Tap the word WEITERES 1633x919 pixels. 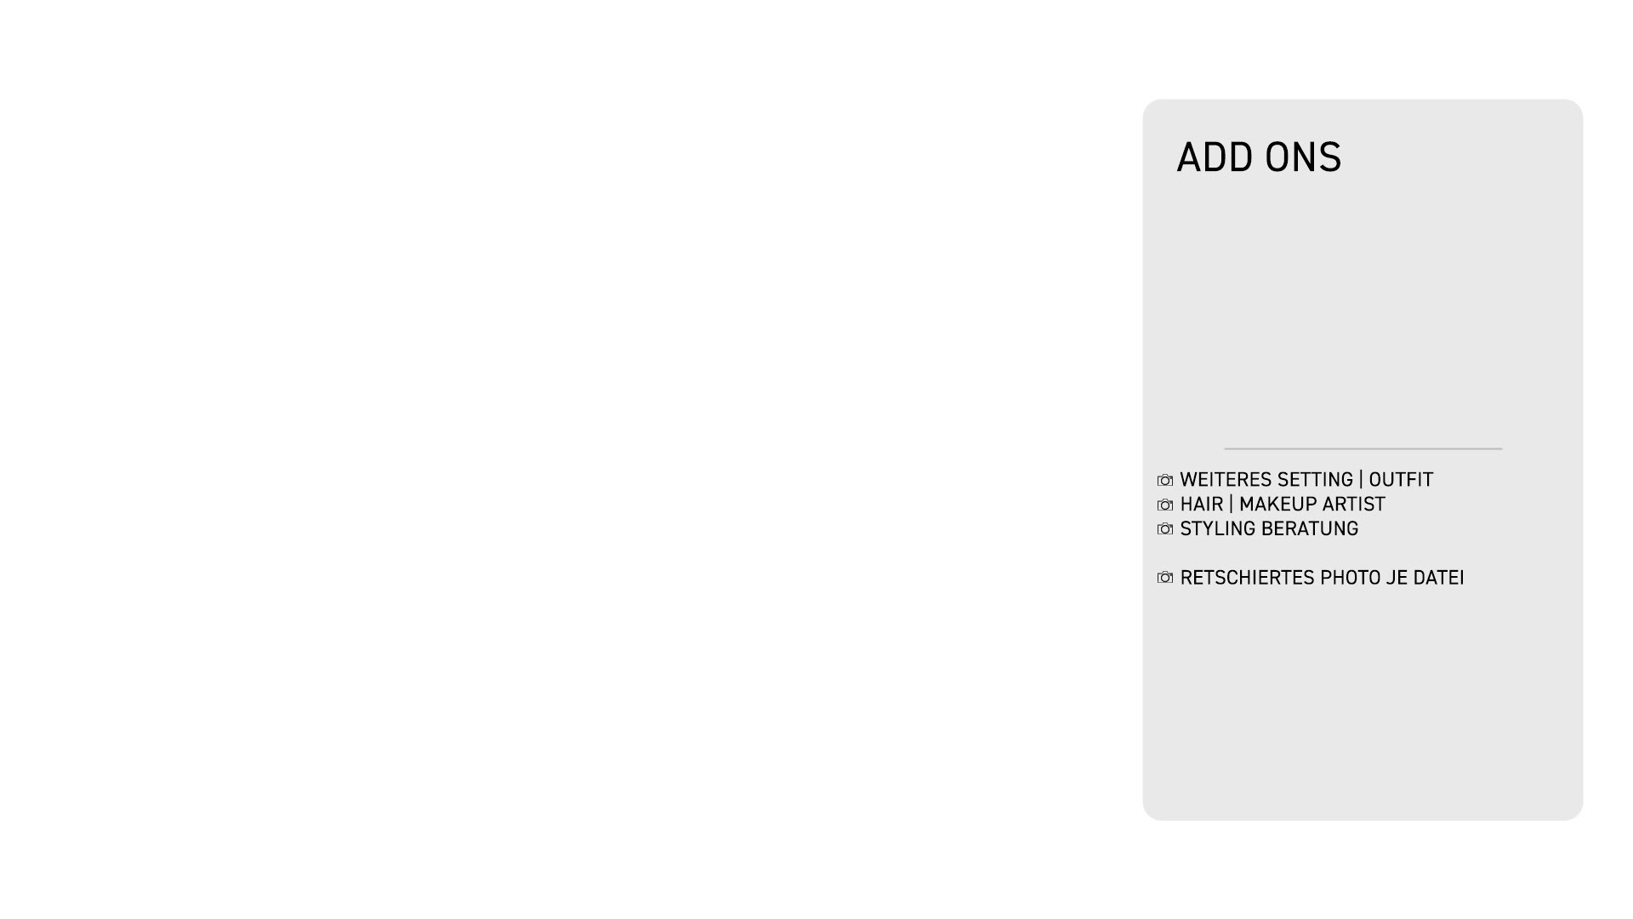(x=1223, y=481)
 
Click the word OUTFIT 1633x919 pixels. (x=1401, y=481)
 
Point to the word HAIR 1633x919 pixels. (x=1201, y=505)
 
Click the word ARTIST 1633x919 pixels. (x=1354, y=505)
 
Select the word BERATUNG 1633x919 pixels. (x=1311, y=529)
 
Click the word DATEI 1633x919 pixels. (x=1439, y=579)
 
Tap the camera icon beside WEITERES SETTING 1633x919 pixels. (x=1165, y=481)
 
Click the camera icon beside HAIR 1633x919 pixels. (x=1165, y=505)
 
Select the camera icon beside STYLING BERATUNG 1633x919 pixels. (x=1165, y=529)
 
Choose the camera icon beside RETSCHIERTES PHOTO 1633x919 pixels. (x=1165, y=579)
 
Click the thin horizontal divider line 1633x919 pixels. (x=1363, y=448)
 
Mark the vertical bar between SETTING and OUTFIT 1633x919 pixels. (x=1361, y=481)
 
